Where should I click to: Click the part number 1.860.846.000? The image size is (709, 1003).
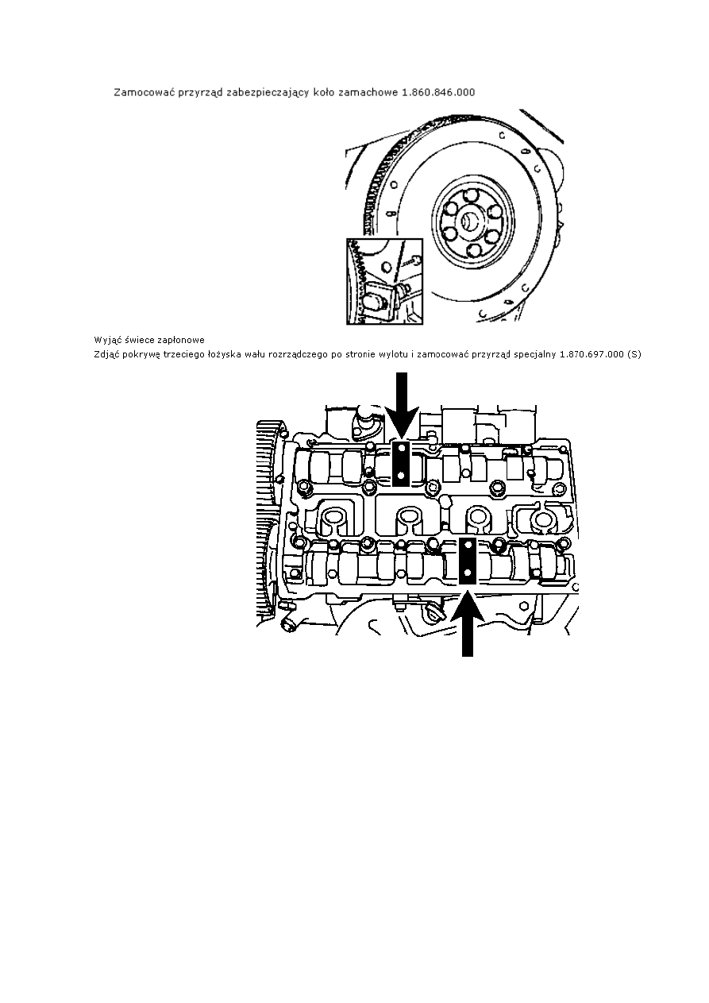point(438,92)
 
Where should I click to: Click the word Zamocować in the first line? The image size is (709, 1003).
point(136,92)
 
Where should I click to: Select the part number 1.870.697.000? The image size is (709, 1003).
point(591,354)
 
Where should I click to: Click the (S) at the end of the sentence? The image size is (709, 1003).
point(634,354)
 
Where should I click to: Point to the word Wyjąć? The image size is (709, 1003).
point(105,341)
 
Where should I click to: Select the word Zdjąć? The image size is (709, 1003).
point(104,355)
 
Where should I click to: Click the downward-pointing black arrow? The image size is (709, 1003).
point(402,405)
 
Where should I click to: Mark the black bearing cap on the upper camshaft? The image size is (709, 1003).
point(401,464)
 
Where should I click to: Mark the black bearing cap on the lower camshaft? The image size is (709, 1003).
point(467,561)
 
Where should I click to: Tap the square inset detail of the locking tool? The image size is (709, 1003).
point(384,281)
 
